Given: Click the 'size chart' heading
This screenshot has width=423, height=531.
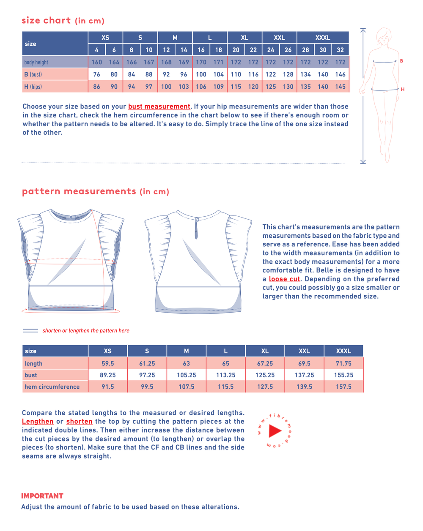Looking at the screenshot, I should pos(46,20).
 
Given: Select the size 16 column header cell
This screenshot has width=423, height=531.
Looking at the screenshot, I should pos(201,50).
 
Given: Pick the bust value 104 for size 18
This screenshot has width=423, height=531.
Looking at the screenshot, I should pos(218,74).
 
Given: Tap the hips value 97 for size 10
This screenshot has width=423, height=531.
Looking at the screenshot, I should pos(149,87).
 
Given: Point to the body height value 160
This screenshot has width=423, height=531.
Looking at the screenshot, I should pos(96,62).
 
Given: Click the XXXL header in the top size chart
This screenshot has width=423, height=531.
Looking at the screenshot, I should pos(323,38).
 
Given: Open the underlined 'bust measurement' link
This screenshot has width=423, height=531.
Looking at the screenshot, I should pos(159,106).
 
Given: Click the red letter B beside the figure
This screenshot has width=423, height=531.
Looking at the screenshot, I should pos(401,61).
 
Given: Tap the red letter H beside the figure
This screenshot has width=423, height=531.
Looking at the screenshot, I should pos(403,90).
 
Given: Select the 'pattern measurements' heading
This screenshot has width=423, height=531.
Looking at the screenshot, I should pos(79,191).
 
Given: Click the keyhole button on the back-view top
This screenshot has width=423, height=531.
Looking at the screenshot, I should pos(197,220).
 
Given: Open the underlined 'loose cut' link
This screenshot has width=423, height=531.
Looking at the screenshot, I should pos(284,279).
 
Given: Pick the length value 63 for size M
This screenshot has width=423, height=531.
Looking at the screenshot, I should pos(186,363).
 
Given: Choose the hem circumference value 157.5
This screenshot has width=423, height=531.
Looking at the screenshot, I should pos(343,387).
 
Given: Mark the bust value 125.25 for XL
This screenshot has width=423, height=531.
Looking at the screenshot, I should pos(265,375).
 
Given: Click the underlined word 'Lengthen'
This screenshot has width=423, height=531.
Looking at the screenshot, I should pos(38,422).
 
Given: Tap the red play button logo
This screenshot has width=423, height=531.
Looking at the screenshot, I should pos(275,431).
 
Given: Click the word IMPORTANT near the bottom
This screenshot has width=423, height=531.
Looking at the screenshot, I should pos(42,496).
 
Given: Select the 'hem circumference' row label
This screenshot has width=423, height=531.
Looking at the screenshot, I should pos(52,387).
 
